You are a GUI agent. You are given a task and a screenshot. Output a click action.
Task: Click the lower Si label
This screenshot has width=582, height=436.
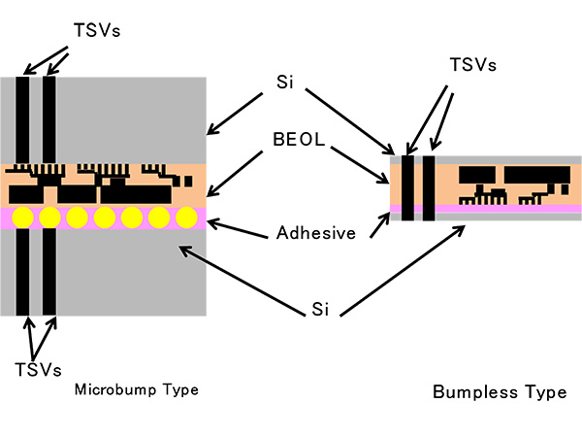click(321, 309)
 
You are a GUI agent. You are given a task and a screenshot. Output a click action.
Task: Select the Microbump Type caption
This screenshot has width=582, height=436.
click(136, 390)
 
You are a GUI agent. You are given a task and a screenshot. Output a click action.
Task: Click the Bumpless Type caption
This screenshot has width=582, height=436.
click(499, 392)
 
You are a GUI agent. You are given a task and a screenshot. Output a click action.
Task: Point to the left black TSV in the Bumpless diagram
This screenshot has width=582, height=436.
click(407, 186)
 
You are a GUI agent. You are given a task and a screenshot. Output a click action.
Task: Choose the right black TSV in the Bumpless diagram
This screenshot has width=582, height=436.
click(428, 186)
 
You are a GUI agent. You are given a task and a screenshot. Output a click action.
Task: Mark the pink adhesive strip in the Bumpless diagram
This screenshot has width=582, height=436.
click(504, 209)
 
